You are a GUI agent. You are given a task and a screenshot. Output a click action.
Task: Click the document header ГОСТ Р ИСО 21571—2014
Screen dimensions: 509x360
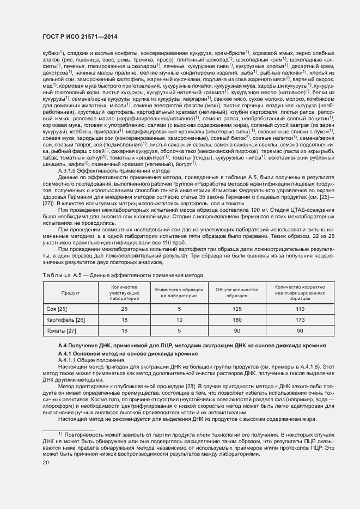80,36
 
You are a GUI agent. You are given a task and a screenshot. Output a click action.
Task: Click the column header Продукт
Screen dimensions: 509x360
71,293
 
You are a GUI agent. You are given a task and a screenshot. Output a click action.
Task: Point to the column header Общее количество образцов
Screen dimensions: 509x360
237,293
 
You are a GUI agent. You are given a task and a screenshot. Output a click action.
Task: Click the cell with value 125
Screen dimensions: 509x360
237,309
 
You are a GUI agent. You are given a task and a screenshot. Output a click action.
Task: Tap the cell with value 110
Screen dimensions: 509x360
300,309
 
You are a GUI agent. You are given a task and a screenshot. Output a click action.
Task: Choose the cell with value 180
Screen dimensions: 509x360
237,320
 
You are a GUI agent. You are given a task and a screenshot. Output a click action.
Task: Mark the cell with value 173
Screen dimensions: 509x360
300,320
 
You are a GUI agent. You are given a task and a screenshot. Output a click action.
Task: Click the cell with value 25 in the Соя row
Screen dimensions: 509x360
124,309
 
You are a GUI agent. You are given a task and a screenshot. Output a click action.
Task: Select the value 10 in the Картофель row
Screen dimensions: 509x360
179,320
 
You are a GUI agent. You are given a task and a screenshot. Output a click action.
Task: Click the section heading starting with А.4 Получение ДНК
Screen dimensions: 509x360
176,346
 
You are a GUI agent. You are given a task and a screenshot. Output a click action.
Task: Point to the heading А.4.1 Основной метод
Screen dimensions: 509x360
120,354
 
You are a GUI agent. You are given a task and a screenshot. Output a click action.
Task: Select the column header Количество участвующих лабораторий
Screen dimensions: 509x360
124,293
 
